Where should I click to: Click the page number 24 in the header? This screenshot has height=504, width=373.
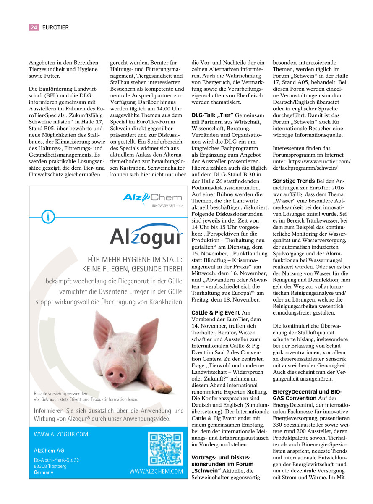(34, 27)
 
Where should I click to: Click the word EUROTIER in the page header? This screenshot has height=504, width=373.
(55, 27)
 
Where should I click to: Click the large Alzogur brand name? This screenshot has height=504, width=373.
(146, 237)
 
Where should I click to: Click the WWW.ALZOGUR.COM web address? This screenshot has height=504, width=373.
(61, 434)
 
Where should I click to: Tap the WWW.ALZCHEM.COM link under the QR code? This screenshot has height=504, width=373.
(156, 472)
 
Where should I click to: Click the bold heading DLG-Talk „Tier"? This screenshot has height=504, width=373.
(212, 115)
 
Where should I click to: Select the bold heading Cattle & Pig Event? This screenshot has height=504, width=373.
(216, 312)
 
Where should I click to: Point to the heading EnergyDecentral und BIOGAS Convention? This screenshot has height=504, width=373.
(306, 394)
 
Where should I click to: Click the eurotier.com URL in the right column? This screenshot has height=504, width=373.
(311, 164)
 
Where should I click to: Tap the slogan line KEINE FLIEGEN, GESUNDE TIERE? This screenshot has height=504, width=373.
(132, 268)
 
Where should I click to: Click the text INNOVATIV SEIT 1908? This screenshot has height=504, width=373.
(167, 206)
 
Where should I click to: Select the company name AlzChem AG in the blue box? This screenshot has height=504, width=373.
(49, 450)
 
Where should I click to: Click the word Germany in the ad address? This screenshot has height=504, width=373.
(44, 472)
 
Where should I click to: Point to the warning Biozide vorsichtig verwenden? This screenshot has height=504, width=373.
(61, 393)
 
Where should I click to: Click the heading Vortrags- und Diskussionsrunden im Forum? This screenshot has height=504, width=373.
(222, 461)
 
